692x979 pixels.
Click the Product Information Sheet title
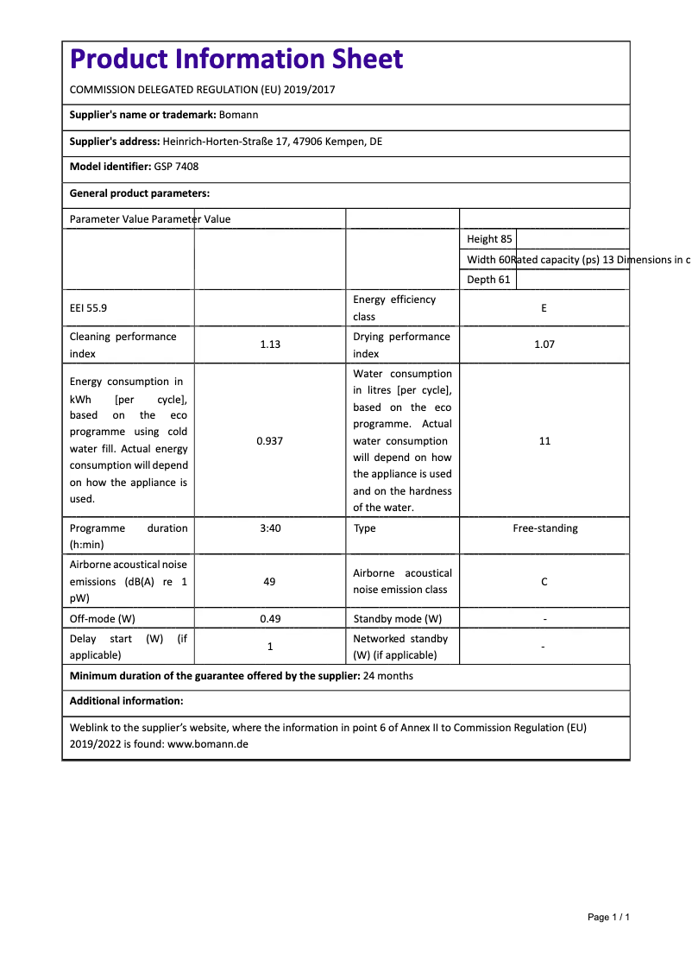236,59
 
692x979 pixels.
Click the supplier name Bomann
239,115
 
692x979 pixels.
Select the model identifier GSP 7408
176,167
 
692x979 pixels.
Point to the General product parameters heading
140,193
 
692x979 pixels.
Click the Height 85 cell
489,239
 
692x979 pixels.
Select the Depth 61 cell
488,280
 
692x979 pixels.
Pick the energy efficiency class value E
544,308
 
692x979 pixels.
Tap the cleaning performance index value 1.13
270,344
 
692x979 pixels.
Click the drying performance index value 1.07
544,344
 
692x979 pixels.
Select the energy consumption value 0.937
270,441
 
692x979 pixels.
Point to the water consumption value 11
544,441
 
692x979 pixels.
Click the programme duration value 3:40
270,528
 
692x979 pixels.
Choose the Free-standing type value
544,528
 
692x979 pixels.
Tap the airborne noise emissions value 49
270,582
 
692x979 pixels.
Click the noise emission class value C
544,582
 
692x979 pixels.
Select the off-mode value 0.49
270,619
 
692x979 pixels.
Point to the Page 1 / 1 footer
608,917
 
